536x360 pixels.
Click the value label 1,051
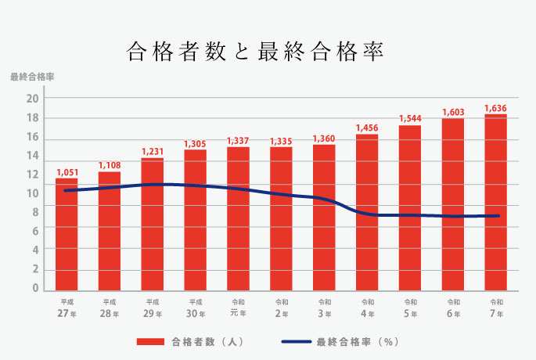(x=67, y=172)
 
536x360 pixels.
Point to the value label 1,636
(x=496, y=108)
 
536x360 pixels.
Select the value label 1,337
(x=238, y=141)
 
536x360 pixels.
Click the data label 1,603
(x=453, y=113)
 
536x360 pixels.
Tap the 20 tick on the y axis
(x=32, y=99)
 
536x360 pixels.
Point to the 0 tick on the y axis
(x=35, y=289)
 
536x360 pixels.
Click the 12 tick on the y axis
(x=32, y=175)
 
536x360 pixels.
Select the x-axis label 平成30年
(x=196, y=308)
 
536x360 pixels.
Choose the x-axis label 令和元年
(x=238, y=308)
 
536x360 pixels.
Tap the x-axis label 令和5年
(x=410, y=308)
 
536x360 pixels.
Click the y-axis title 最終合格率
(x=32, y=77)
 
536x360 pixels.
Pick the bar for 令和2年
(x=281, y=219)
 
